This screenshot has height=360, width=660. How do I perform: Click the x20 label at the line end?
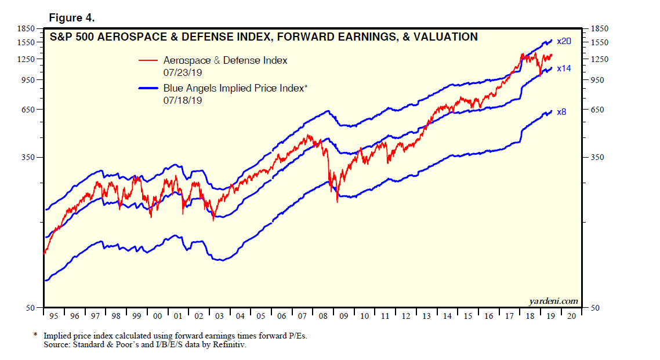tap(564, 42)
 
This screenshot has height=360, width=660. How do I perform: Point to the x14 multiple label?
tap(564, 68)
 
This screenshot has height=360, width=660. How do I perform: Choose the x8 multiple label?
tap(561, 112)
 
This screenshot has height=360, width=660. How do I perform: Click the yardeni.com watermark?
tap(553, 300)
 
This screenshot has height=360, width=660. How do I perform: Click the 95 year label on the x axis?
tap(54, 317)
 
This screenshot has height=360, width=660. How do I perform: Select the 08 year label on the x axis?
tap(323, 317)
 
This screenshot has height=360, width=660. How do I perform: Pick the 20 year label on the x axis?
tap(572, 317)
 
